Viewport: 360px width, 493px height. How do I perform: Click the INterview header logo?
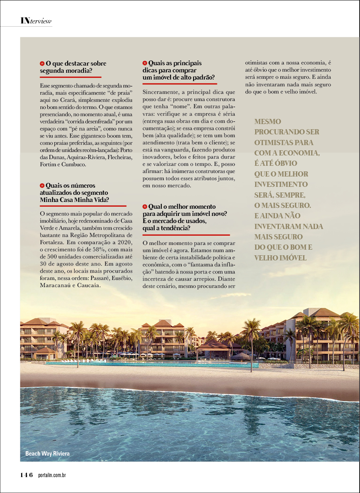pyautogui.click(x=36, y=21)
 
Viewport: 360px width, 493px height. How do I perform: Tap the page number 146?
pyautogui.click(x=27, y=475)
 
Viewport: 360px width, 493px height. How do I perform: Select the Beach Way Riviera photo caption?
pyautogui.click(x=47, y=454)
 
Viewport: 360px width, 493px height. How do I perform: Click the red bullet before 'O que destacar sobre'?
pyautogui.click(x=42, y=64)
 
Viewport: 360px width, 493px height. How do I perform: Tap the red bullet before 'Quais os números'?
pyautogui.click(x=42, y=186)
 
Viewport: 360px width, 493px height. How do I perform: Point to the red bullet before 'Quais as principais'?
pyautogui.click(x=145, y=63)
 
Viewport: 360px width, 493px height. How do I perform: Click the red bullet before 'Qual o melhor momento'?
pyautogui.click(x=145, y=207)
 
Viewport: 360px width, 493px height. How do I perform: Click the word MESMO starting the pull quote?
pyautogui.click(x=267, y=122)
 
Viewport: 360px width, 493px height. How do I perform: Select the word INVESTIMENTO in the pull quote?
pyautogui.click(x=281, y=184)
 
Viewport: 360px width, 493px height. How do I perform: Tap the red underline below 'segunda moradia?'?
pyautogui.click(x=71, y=77)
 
